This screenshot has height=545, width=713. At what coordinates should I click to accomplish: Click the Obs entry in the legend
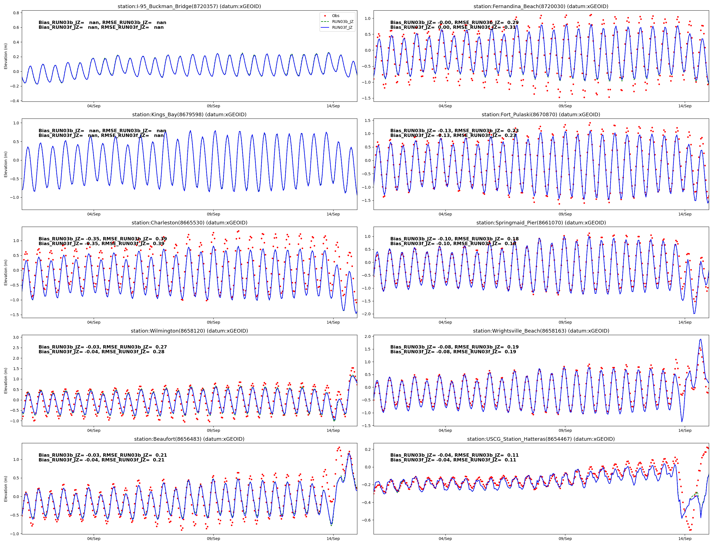click(335, 16)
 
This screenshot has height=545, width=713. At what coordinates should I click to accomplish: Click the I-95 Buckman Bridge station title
click(189, 6)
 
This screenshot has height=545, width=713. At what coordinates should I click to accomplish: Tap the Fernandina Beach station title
click(541, 6)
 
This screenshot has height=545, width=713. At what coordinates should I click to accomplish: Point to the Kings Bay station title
click(189, 115)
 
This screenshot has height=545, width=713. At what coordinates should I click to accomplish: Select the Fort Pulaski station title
click(541, 115)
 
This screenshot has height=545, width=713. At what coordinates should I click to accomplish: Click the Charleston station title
click(189, 222)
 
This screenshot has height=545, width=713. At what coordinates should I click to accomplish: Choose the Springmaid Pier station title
click(541, 222)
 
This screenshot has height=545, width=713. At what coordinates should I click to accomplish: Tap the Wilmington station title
click(189, 331)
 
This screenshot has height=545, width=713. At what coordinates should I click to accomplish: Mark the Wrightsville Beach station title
click(541, 331)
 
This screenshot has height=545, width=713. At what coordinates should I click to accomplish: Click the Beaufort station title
click(189, 439)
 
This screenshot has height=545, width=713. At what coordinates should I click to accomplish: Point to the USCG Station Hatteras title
click(541, 439)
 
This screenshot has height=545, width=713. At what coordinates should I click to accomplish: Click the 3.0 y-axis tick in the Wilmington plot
click(16, 337)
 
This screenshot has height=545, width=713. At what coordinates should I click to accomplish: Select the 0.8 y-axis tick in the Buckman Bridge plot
click(16, 13)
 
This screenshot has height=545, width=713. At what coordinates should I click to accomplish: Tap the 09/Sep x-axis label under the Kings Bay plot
click(213, 214)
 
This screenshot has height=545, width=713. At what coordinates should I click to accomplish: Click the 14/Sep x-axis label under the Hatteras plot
click(685, 539)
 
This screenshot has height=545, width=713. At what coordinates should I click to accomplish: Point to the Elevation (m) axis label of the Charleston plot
click(6, 272)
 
